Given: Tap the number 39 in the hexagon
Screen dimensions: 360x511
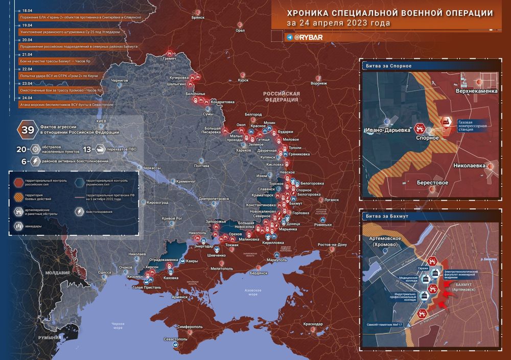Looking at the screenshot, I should pos(27,130).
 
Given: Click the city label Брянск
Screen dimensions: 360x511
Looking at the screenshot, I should pos(198,17).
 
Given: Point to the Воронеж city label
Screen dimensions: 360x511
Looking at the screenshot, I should pos(318,83).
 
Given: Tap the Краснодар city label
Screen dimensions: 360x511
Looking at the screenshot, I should pos(312,324).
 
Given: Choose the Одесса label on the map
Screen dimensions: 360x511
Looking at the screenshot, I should pos(105,273).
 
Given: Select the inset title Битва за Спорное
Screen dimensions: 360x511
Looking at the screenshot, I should pos(389,66).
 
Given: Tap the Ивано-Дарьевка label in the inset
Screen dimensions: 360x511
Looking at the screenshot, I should pos(388,130).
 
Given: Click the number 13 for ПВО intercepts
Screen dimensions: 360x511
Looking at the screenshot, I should pos(87,149).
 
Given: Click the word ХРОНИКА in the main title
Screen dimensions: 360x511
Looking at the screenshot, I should pos(311,14).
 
